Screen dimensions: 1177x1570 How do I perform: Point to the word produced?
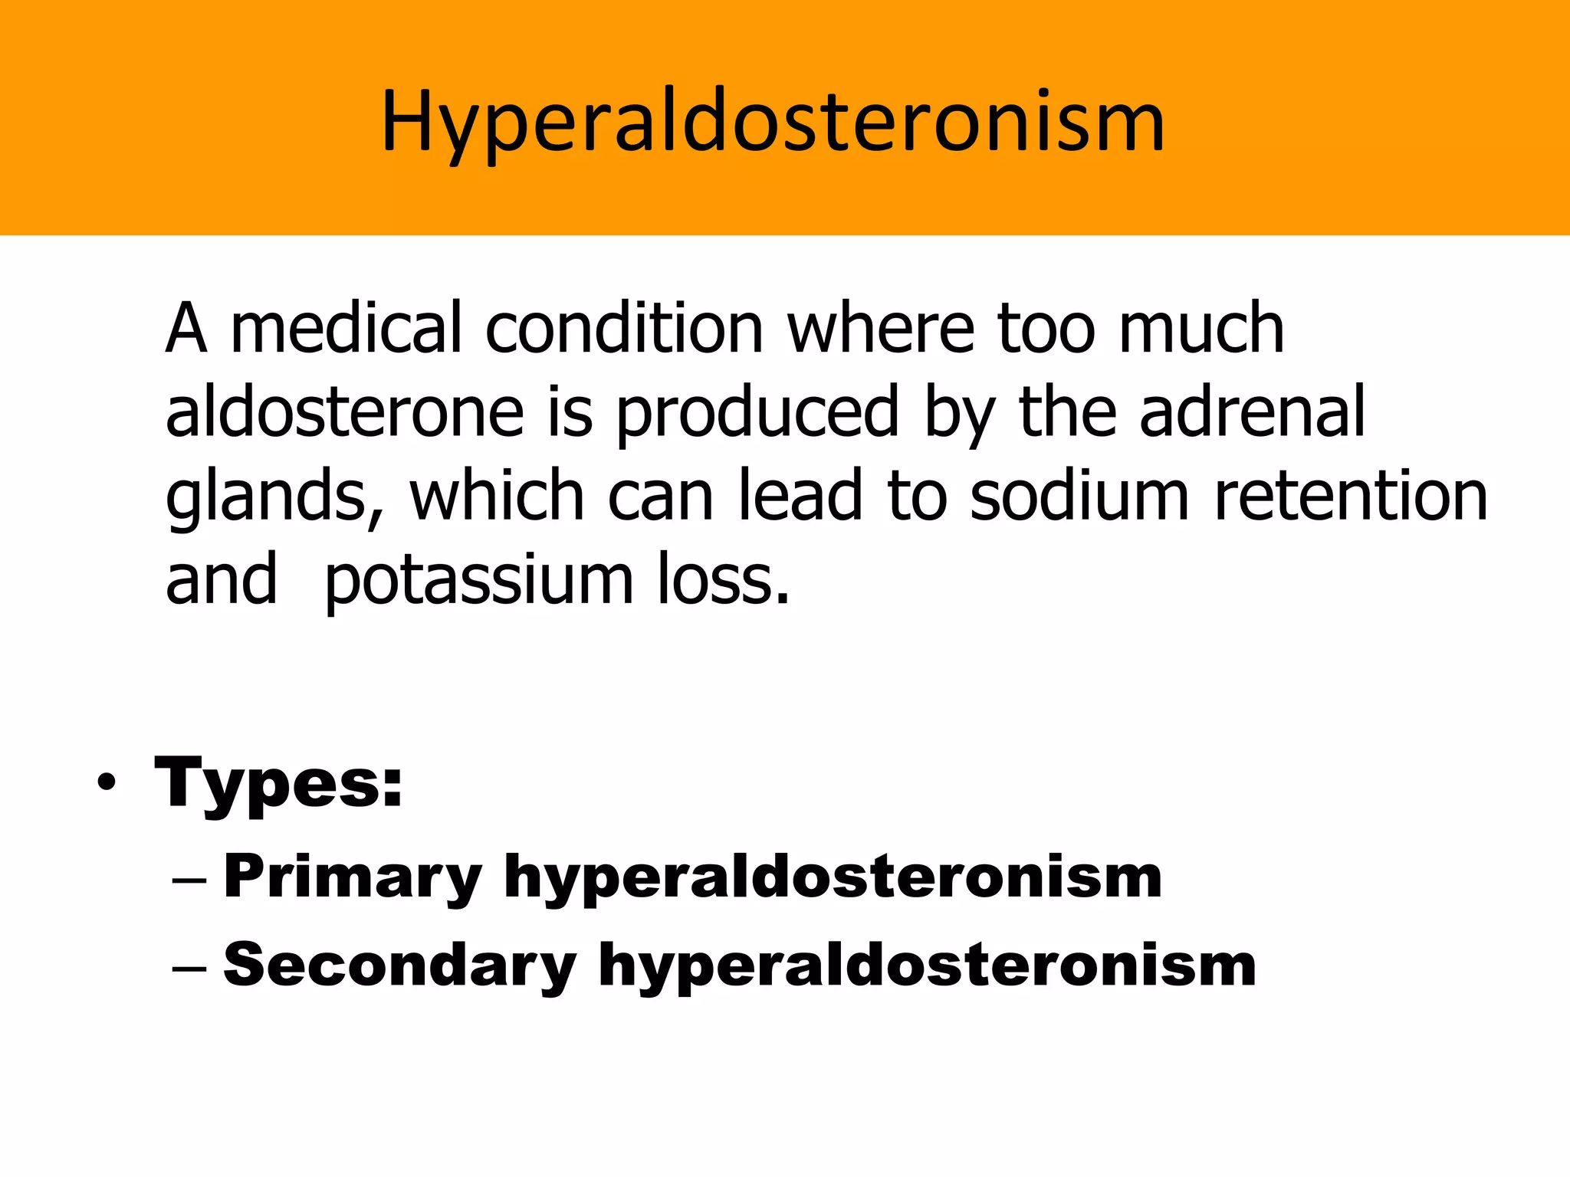pos(757,414)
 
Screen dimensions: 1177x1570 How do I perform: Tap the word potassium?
pos(479,582)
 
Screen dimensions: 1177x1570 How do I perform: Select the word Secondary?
pos(399,966)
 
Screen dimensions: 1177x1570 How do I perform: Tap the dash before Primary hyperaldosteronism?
pos(189,879)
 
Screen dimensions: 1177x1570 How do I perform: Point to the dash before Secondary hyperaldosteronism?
pos(189,967)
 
